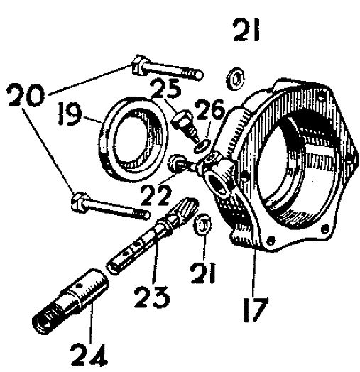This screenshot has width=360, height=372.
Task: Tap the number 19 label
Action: coord(70,113)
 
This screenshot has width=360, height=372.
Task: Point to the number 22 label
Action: coord(156,195)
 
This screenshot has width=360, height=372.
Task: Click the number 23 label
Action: coord(152,297)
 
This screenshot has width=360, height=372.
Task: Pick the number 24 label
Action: coord(89,354)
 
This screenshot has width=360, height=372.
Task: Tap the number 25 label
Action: coord(166,89)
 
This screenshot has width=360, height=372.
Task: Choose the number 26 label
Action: coord(210,109)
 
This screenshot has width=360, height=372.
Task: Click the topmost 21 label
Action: coord(247,31)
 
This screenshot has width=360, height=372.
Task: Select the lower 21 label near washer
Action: coord(204,273)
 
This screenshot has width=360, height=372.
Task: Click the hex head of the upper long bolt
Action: coord(138,65)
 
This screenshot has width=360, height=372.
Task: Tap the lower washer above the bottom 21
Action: coord(202,225)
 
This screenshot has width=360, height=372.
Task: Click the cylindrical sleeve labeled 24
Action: coord(71,301)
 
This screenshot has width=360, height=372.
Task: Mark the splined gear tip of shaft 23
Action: coord(189,207)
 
